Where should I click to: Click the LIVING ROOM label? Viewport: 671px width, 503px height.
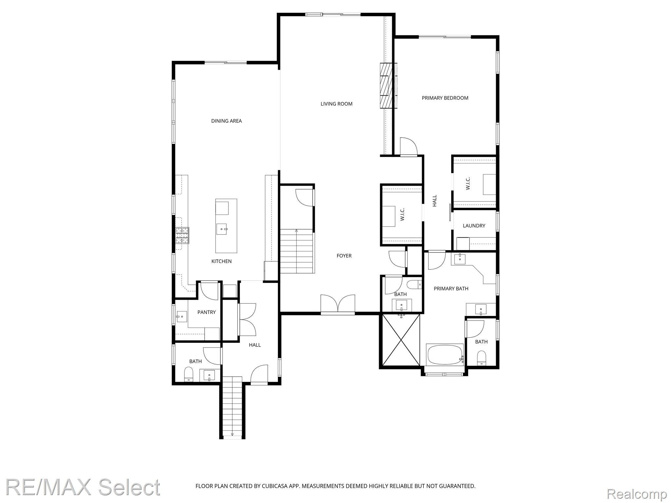pyautogui.click(x=336, y=104)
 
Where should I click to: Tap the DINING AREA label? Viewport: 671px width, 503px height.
pyautogui.click(x=226, y=121)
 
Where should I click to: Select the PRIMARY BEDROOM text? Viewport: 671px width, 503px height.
pyautogui.click(x=445, y=98)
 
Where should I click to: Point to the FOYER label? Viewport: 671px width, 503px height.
pyautogui.click(x=344, y=256)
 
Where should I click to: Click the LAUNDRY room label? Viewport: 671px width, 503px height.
pyautogui.click(x=474, y=226)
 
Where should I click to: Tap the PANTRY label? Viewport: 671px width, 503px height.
pyautogui.click(x=206, y=312)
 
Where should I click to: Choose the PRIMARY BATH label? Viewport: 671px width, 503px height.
pyautogui.click(x=451, y=289)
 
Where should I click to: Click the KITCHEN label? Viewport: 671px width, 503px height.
pyautogui.click(x=221, y=261)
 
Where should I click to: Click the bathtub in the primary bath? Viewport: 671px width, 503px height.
pyautogui.click(x=445, y=354)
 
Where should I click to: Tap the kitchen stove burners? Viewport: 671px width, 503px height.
pyautogui.click(x=182, y=236)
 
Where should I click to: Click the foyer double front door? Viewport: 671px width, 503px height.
pyautogui.click(x=338, y=305)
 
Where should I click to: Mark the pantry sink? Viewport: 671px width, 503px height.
pyautogui.click(x=181, y=317)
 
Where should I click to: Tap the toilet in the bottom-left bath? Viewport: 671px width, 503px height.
pyautogui.click(x=189, y=374)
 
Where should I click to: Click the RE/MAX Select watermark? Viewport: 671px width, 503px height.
pyautogui.click(x=83, y=487)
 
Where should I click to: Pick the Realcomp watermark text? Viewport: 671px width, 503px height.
pyautogui.click(x=637, y=494)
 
